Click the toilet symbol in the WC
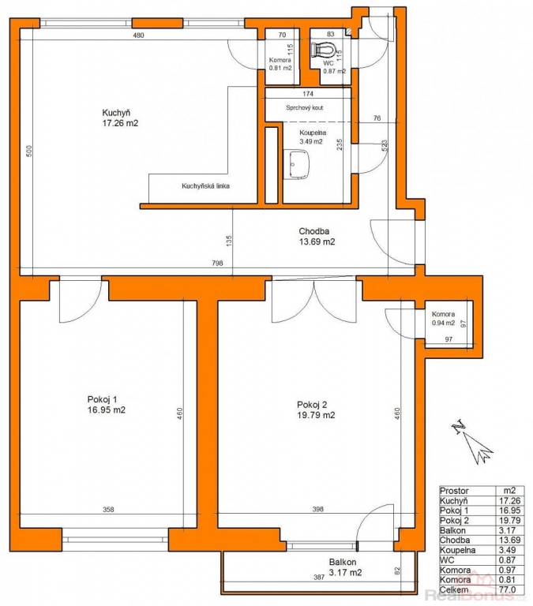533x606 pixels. click(323, 50)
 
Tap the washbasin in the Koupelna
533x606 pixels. click(299, 165)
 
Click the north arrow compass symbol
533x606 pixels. click(472, 442)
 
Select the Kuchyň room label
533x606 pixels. click(116, 113)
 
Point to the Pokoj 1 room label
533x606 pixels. click(102, 399)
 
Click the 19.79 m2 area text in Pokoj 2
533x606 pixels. click(316, 415)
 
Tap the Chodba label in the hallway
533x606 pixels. click(314, 231)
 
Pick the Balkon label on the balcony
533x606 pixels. click(343, 562)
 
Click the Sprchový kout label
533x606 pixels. click(305, 107)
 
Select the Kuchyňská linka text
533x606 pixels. click(205, 186)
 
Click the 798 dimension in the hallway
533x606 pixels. click(217, 264)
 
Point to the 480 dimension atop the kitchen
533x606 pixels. click(138, 36)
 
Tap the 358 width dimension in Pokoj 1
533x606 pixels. click(108, 510)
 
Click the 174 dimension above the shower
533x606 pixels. click(308, 94)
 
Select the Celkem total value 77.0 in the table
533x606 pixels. click(509, 589)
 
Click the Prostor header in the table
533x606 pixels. click(454, 491)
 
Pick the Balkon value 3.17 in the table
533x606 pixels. click(509, 530)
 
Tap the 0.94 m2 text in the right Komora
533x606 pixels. click(443, 323)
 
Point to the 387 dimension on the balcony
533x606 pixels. click(319, 578)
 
